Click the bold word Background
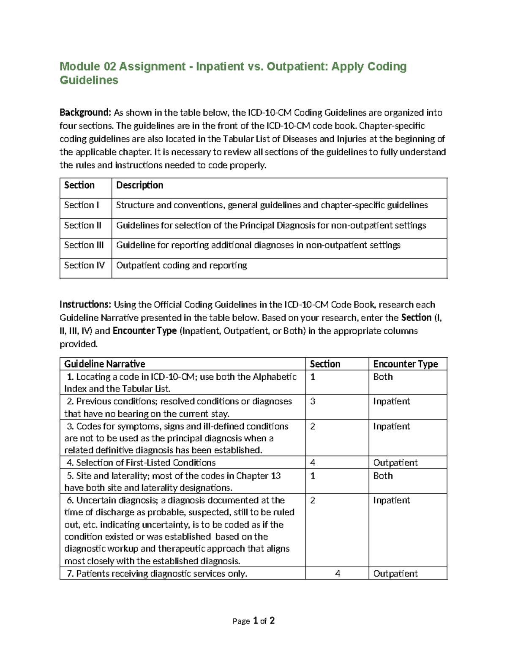85,112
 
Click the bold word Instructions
85,305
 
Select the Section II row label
83,225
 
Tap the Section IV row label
84,265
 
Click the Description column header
139,185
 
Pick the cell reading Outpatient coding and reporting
181,265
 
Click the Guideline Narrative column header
104,364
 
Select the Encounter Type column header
405,364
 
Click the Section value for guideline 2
313,401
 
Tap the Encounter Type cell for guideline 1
383,377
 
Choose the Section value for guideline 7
337,573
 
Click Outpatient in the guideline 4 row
395,463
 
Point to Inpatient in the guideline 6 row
391,500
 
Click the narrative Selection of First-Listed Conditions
145,463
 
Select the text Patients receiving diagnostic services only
161,573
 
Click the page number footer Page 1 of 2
253,621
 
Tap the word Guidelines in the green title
89,80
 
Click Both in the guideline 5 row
383,476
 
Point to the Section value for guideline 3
313,426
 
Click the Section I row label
82,205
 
